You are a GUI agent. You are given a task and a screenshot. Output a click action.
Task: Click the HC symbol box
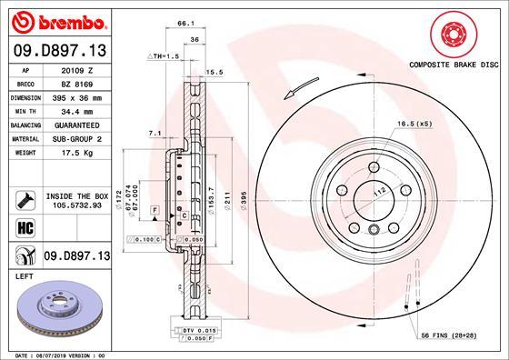[25, 225]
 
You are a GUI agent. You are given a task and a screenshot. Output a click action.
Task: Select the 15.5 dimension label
[215, 72]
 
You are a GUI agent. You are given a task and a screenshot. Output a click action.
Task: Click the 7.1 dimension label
[154, 134]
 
